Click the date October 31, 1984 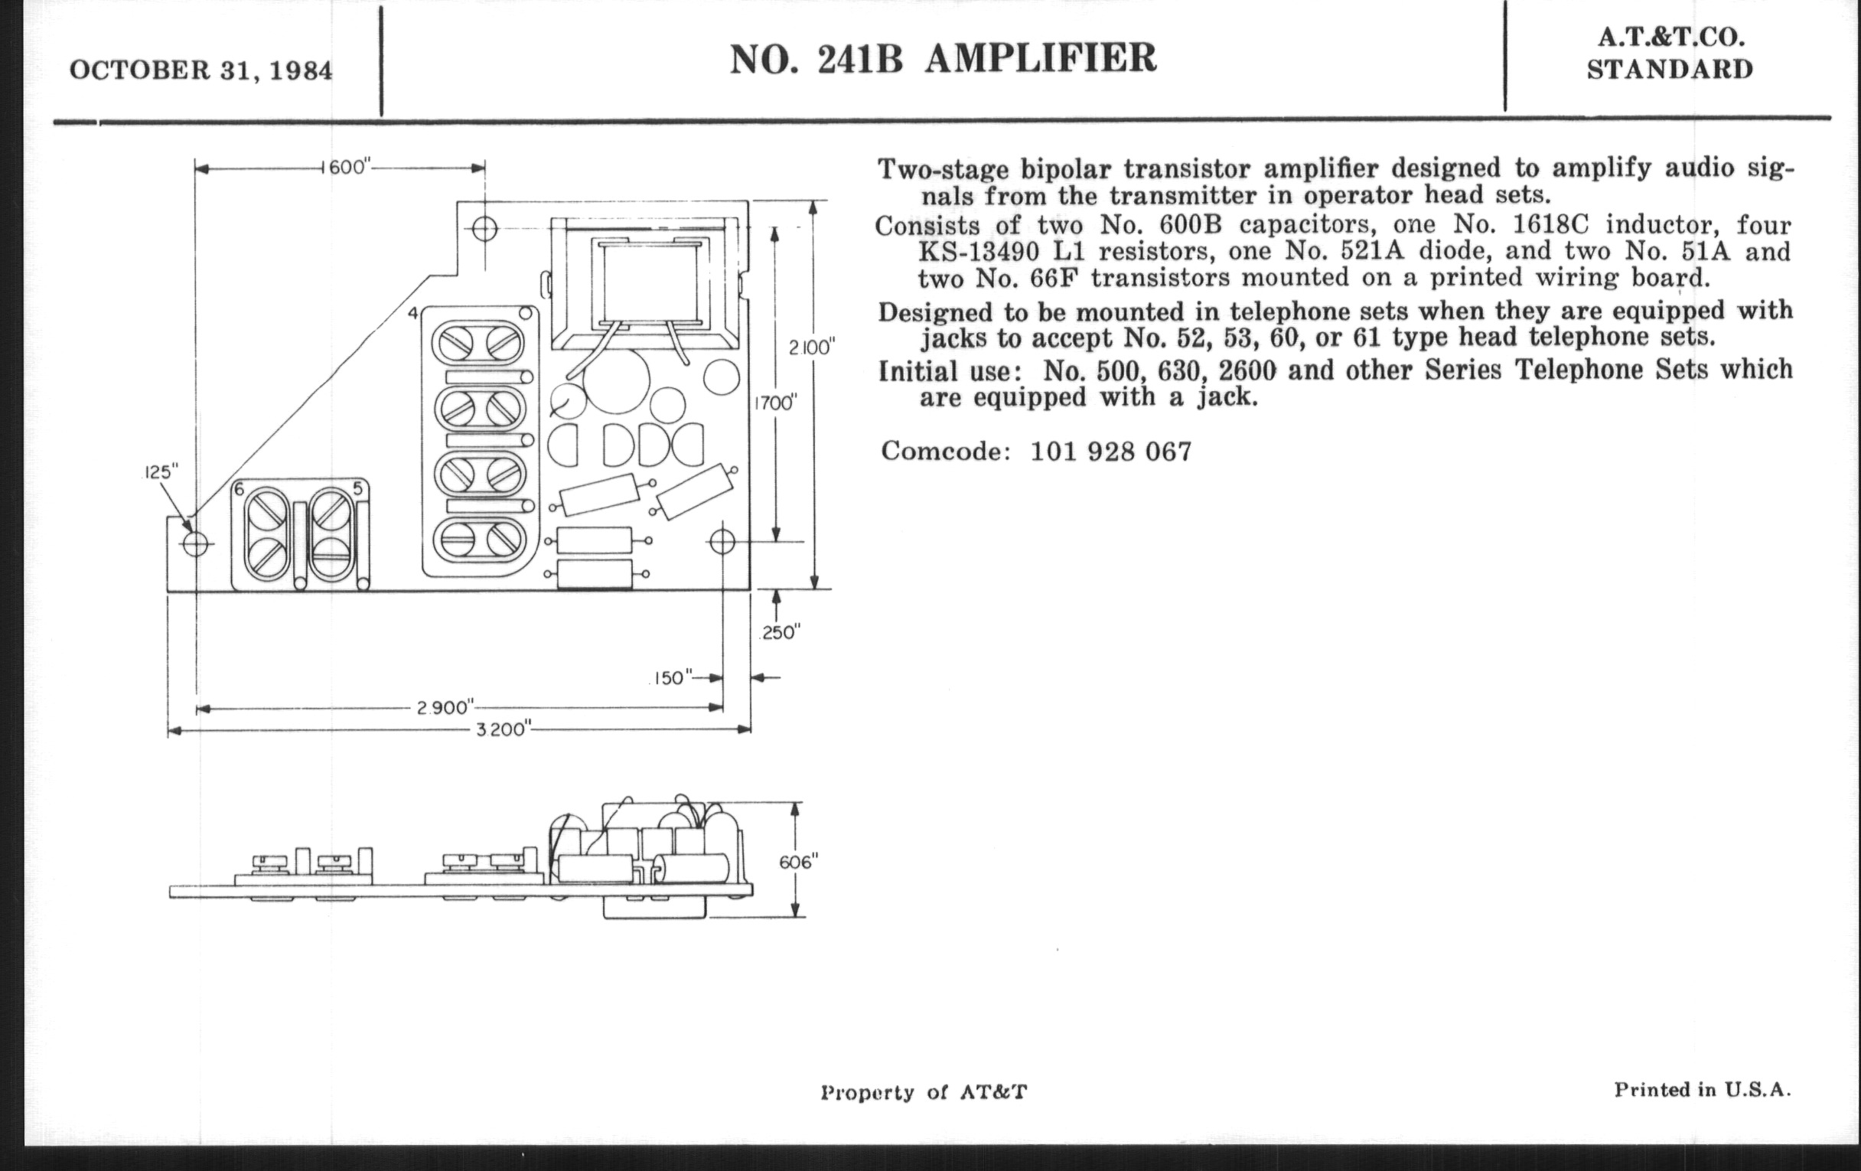pos(201,70)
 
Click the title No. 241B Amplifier pos(943,58)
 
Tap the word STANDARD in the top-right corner pos(1670,70)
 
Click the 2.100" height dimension pos(812,347)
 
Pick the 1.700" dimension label pos(775,403)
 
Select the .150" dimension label pos(670,678)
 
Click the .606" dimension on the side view pos(798,861)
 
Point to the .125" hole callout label pos(161,471)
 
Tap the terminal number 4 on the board pos(413,313)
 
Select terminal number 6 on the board pos(240,488)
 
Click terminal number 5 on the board pos(358,488)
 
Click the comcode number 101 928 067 pos(1111,452)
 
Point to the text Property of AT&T pos(924,1092)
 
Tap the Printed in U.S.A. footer pos(1703,1090)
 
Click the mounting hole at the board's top pos(485,229)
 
